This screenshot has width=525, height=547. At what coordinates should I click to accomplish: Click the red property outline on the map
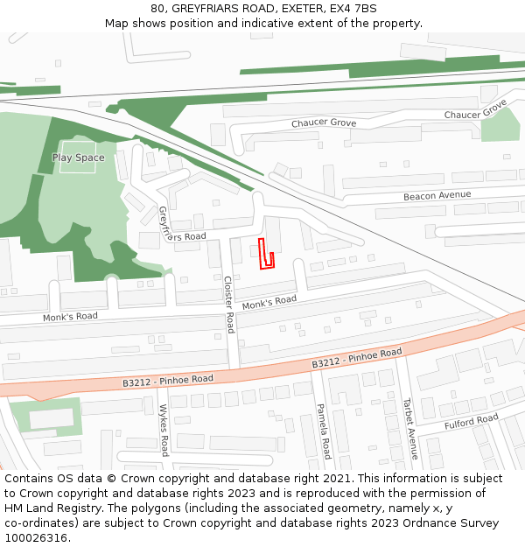(267, 255)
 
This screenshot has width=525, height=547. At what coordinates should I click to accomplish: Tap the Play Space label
(78, 158)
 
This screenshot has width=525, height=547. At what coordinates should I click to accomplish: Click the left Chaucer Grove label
(324, 123)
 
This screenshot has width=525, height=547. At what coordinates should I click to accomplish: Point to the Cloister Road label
(228, 305)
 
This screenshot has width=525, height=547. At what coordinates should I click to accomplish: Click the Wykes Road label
(164, 430)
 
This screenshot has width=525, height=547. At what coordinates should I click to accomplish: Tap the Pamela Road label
(324, 431)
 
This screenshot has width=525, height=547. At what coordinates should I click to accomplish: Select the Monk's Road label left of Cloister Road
(70, 317)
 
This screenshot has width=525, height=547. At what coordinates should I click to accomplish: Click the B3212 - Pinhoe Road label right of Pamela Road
(357, 358)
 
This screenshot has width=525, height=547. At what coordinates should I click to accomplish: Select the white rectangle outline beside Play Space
(78, 158)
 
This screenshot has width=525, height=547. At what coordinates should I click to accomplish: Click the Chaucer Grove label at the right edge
(475, 110)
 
